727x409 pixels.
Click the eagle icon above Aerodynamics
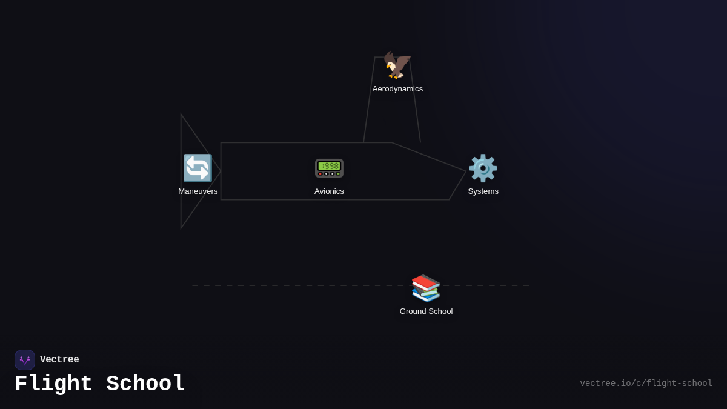(397, 65)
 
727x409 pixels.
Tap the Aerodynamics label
(397, 89)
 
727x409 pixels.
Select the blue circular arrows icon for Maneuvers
(198, 168)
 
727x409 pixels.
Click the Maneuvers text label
(198, 191)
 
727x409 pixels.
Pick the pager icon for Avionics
(329, 168)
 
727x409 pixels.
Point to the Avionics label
(329, 191)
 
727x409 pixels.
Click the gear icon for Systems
(483, 168)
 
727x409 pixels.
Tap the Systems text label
(483, 191)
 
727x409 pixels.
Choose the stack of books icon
(426, 288)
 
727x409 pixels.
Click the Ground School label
(426, 311)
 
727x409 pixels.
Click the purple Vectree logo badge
(25, 360)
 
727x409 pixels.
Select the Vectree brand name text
(59, 360)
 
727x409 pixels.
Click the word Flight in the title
(53, 384)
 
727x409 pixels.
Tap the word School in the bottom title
(145, 384)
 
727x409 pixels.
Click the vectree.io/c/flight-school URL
(646, 384)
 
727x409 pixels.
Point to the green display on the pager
(329, 165)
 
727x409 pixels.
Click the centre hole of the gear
(483, 168)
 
